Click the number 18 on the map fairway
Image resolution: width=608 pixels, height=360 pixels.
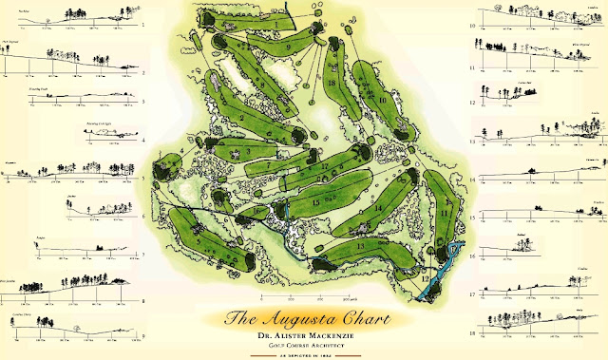(332, 83)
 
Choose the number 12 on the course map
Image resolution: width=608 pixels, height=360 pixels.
(425, 278)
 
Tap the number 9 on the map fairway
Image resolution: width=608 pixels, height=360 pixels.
(287, 47)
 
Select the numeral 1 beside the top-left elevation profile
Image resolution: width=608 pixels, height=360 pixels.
(142, 25)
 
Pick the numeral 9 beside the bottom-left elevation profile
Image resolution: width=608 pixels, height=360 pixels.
(142, 334)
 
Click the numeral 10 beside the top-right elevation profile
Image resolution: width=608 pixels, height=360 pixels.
(473, 25)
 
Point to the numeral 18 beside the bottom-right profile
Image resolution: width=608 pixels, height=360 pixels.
(473, 334)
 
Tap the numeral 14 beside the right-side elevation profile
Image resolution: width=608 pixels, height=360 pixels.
(473, 177)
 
